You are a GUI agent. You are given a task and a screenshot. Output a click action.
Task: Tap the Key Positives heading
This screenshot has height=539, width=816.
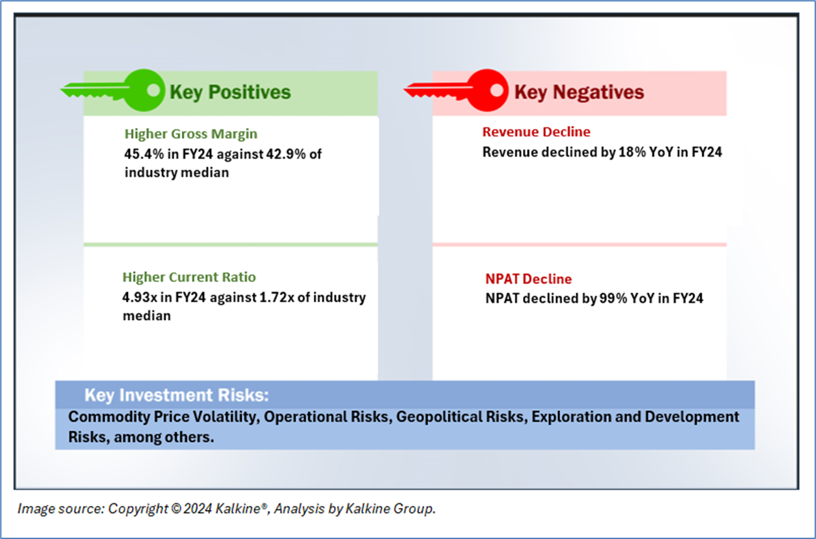(230, 92)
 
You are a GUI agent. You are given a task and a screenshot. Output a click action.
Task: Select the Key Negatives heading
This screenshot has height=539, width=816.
(580, 92)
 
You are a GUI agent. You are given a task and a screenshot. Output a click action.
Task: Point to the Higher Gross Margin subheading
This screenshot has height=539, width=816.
(191, 134)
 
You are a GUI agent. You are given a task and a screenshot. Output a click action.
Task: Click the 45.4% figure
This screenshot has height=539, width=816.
(144, 154)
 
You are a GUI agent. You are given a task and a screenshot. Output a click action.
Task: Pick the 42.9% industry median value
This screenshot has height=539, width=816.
(286, 154)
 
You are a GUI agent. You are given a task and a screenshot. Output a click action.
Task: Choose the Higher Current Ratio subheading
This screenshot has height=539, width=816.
(189, 277)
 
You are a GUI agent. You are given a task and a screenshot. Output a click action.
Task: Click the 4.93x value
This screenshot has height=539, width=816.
(140, 297)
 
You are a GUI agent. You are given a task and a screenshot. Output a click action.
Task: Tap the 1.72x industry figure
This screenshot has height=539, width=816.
(277, 297)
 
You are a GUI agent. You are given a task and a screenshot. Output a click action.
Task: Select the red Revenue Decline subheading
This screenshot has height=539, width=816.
(536, 131)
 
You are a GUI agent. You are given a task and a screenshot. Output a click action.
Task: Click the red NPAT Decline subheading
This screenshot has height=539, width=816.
(529, 279)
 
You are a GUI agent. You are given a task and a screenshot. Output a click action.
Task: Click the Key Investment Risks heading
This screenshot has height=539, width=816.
(177, 395)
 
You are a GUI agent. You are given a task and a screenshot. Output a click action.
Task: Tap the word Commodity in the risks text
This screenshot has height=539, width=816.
(109, 417)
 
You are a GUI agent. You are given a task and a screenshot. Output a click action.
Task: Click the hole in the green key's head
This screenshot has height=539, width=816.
(153, 90)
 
